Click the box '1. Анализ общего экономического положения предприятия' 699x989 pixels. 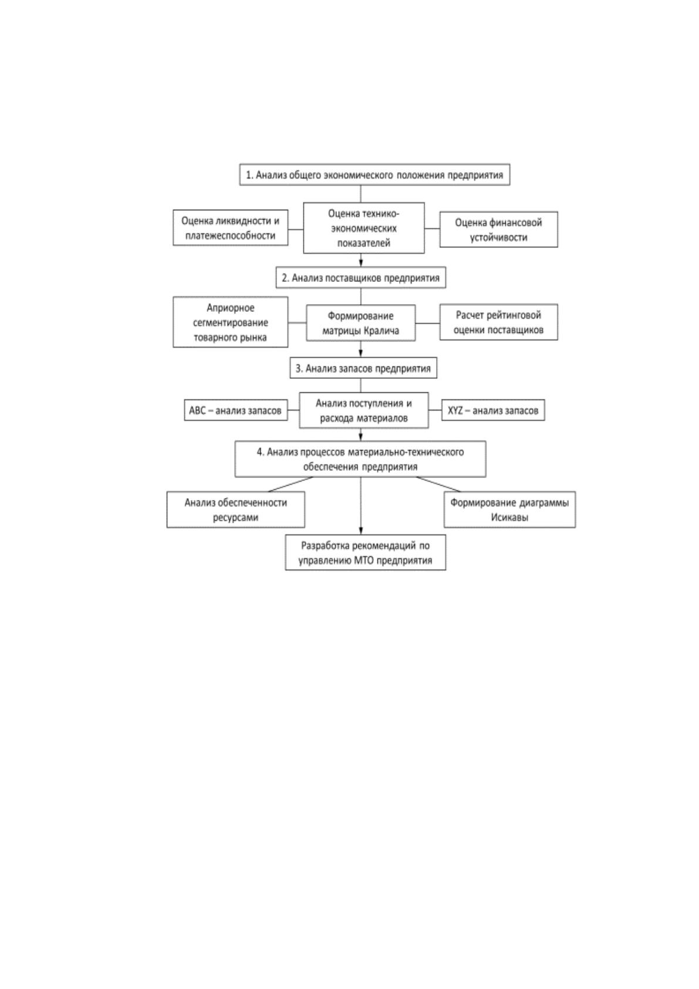pos(374,174)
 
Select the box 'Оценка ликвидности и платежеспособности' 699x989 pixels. pos(230,227)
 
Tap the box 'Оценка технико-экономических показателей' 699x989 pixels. pos(364,228)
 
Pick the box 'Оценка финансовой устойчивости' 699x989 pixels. pos(499,229)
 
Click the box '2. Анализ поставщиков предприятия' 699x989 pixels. pos(361,277)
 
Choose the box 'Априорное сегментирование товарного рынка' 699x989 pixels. pos(230,322)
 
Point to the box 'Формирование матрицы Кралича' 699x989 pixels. pos(361,323)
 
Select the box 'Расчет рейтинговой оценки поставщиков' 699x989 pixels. pos(499,322)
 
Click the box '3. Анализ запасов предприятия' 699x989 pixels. pos(363,368)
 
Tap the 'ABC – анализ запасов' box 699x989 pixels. pos(236,410)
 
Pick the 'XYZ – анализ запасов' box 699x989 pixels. pos(493,410)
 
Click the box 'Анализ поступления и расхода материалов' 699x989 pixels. pos(364,410)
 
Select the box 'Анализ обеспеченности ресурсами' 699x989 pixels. pos(236,510)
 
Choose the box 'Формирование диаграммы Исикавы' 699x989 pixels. pos(509,510)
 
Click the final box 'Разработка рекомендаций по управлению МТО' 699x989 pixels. pos(366,552)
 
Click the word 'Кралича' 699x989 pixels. pos(381,330)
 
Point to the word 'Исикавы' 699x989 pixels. pos(509,517)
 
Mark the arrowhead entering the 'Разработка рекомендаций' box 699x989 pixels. pos(361,531)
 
